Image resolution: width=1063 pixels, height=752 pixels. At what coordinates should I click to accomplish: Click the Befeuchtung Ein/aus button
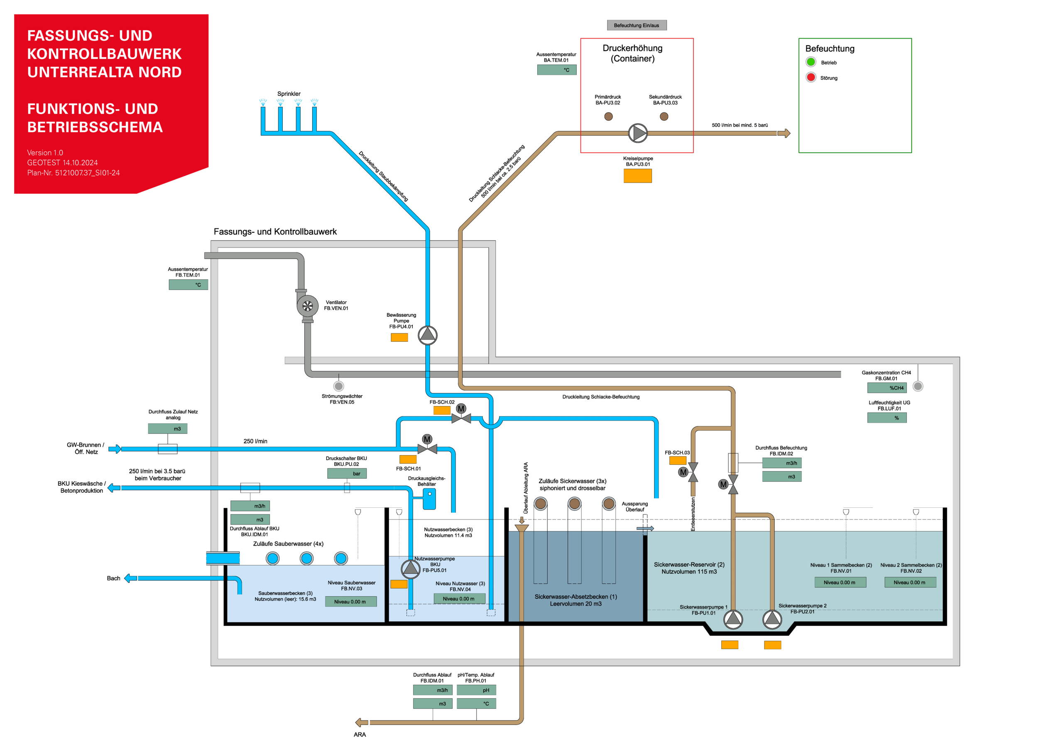tap(637, 25)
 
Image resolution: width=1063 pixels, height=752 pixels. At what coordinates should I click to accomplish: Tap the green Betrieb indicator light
tap(811, 62)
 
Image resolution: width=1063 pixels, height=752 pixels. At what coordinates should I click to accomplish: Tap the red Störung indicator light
tap(811, 77)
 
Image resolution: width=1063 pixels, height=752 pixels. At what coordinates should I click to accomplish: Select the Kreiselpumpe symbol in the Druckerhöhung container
tap(638, 133)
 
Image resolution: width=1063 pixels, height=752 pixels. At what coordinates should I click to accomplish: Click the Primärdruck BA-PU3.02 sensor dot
tap(608, 117)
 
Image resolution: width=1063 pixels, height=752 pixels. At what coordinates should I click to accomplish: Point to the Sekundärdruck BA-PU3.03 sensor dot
tap(664, 117)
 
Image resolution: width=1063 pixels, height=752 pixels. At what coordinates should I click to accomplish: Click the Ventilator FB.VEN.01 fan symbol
tap(307, 306)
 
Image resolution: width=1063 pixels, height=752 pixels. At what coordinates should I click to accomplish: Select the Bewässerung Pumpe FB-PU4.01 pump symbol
tap(427, 335)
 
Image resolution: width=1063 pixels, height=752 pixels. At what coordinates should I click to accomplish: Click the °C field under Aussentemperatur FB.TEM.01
tap(188, 285)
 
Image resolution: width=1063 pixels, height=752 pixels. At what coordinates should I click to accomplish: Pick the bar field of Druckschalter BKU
tap(347, 474)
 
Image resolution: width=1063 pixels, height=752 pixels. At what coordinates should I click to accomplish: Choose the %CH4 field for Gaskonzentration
tap(887, 388)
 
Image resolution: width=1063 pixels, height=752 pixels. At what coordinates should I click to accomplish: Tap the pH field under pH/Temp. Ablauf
tap(476, 691)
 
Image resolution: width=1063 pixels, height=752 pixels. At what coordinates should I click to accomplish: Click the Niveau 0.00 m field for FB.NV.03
tap(350, 602)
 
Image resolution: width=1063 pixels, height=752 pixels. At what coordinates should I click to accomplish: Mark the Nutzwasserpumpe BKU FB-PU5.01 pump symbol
tap(410, 569)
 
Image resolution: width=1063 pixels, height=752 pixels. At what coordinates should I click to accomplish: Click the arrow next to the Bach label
tap(130, 578)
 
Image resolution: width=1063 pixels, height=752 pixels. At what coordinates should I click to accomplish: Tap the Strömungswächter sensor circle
tap(339, 386)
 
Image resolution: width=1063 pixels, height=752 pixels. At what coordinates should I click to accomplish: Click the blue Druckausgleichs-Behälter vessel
tap(429, 499)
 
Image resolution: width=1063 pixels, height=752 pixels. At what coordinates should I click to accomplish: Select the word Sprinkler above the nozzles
tap(289, 94)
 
